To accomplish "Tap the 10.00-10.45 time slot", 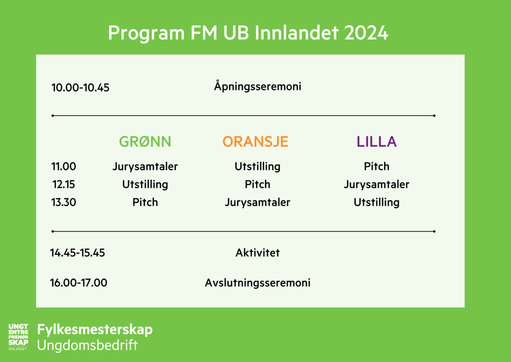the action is coord(80,88).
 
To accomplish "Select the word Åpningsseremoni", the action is coord(258,86).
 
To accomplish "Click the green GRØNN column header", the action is coord(145,142).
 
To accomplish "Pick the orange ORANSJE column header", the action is coord(255,142).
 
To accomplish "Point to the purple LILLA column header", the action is coord(377,142).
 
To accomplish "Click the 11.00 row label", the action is coord(63,166).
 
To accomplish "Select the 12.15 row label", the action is coord(63,184).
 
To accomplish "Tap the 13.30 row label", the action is coord(63,202).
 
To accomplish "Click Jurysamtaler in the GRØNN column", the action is coord(145,167).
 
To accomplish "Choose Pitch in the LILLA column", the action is coord(377,166).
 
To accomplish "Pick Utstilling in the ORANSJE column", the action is coord(258,167).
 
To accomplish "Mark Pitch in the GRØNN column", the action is coord(145,202).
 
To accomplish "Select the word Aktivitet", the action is coord(258,253).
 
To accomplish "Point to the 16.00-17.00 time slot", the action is coord(79,283).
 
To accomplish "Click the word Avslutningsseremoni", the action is coord(258,283).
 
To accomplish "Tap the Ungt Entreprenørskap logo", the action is coord(18,337).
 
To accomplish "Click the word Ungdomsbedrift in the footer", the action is coord(87,345).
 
